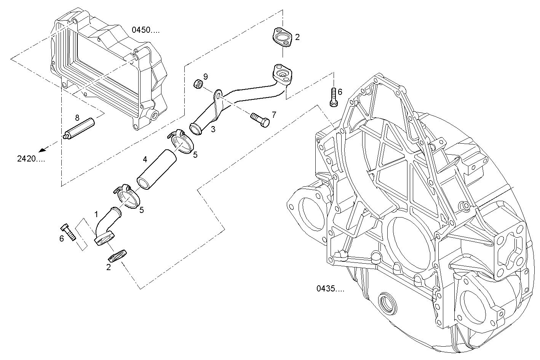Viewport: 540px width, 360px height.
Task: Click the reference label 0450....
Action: pyautogui.click(x=145, y=30)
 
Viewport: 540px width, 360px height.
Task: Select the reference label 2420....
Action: pyautogui.click(x=31, y=159)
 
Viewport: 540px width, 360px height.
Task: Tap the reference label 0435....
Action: pyautogui.click(x=330, y=289)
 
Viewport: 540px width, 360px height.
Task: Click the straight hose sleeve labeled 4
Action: pyautogui.click(x=156, y=169)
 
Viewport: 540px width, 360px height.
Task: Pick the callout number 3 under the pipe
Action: pyautogui.click(x=213, y=129)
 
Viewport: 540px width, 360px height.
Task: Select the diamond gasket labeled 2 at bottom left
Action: pyautogui.click(x=117, y=255)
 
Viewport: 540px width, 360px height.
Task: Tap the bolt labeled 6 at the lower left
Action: pyautogui.click(x=68, y=232)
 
